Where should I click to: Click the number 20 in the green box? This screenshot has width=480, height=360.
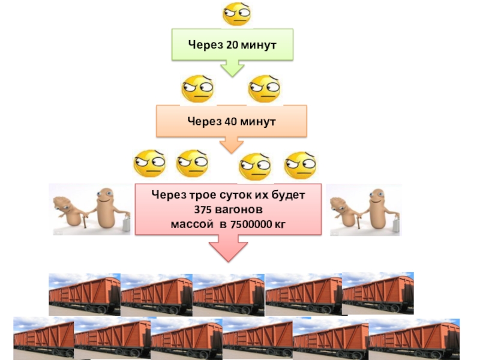tap(231, 44)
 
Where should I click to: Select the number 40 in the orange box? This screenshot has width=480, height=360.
tap(231, 121)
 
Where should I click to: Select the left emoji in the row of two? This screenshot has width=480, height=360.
tap(197, 89)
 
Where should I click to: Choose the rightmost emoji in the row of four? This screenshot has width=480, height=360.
tap(300, 164)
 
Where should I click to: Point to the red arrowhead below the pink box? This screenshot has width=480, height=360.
tap(230, 248)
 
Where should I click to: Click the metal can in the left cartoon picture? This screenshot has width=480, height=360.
tap(127, 225)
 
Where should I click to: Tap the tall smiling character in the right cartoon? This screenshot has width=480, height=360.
tap(377, 206)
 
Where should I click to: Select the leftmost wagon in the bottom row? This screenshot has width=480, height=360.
tap(44, 338)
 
